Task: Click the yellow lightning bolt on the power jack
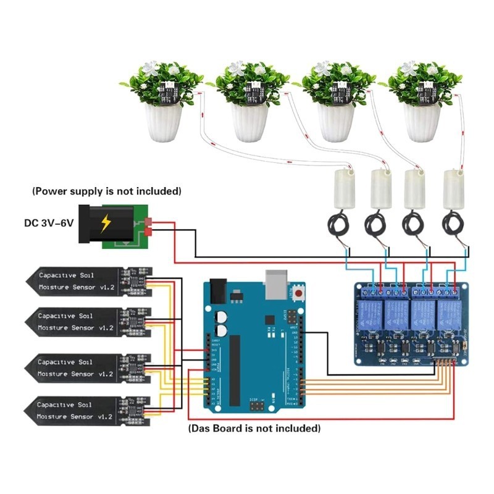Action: (106, 222)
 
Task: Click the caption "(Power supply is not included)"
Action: (107, 190)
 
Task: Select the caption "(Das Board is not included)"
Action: (254, 428)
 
